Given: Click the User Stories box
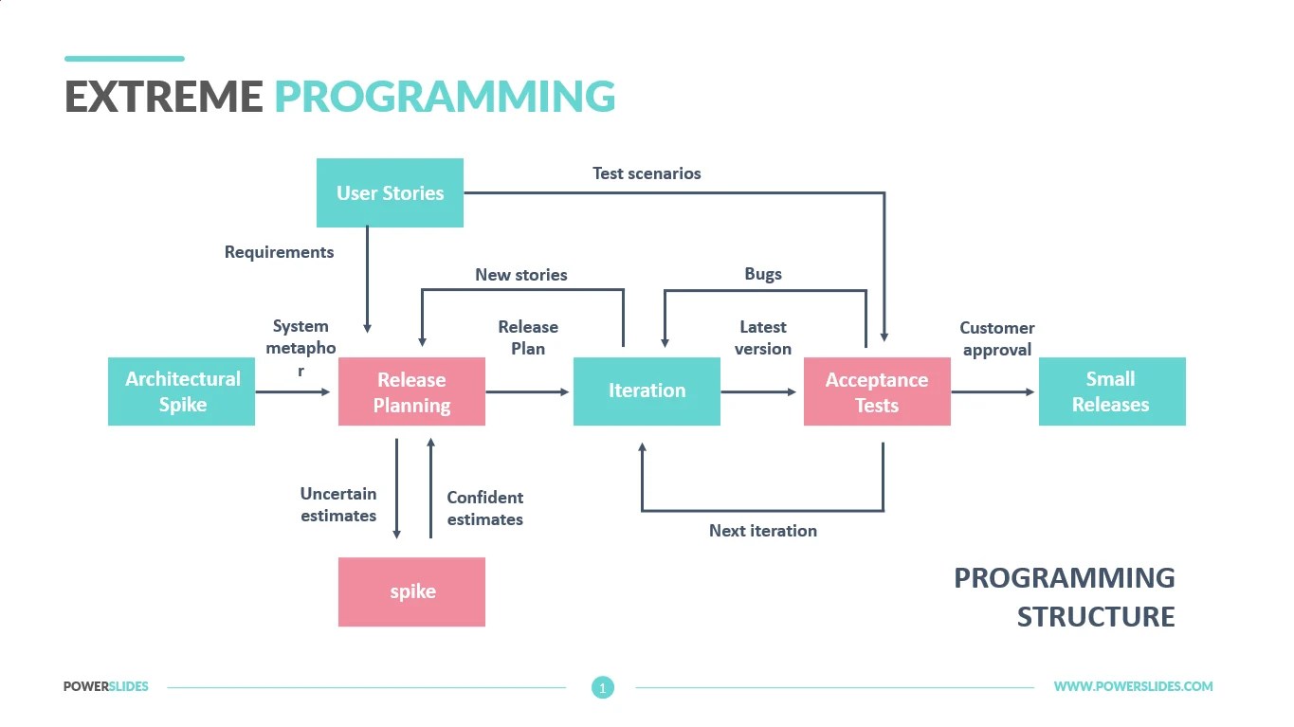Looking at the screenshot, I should tap(390, 193).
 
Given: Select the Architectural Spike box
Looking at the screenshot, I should tap(181, 391).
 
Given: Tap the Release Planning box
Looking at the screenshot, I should tap(411, 392).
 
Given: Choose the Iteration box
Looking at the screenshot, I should tap(647, 391).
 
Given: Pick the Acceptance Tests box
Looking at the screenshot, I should tap(877, 392).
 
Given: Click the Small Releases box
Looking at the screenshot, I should tap(1111, 391).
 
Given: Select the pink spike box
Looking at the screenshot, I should tap(411, 591).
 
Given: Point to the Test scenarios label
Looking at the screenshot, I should tap(647, 173).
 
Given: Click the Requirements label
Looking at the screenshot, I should tap(279, 252).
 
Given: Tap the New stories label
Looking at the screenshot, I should tap(521, 275).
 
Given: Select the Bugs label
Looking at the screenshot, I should tap(763, 274).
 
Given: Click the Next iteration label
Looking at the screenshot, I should tap(763, 531).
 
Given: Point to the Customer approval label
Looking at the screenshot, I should tap(996, 338).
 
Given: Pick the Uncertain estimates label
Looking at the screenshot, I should tap(338, 504).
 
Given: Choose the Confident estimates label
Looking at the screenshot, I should tap(484, 508).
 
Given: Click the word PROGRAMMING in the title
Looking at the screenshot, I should tap(445, 97).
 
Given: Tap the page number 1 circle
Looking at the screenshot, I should tap(603, 687).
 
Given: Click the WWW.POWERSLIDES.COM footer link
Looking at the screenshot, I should tap(1133, 686).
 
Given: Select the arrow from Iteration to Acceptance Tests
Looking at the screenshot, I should tap(758, 391).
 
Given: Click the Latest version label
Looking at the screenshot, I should tap(763, 337).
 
